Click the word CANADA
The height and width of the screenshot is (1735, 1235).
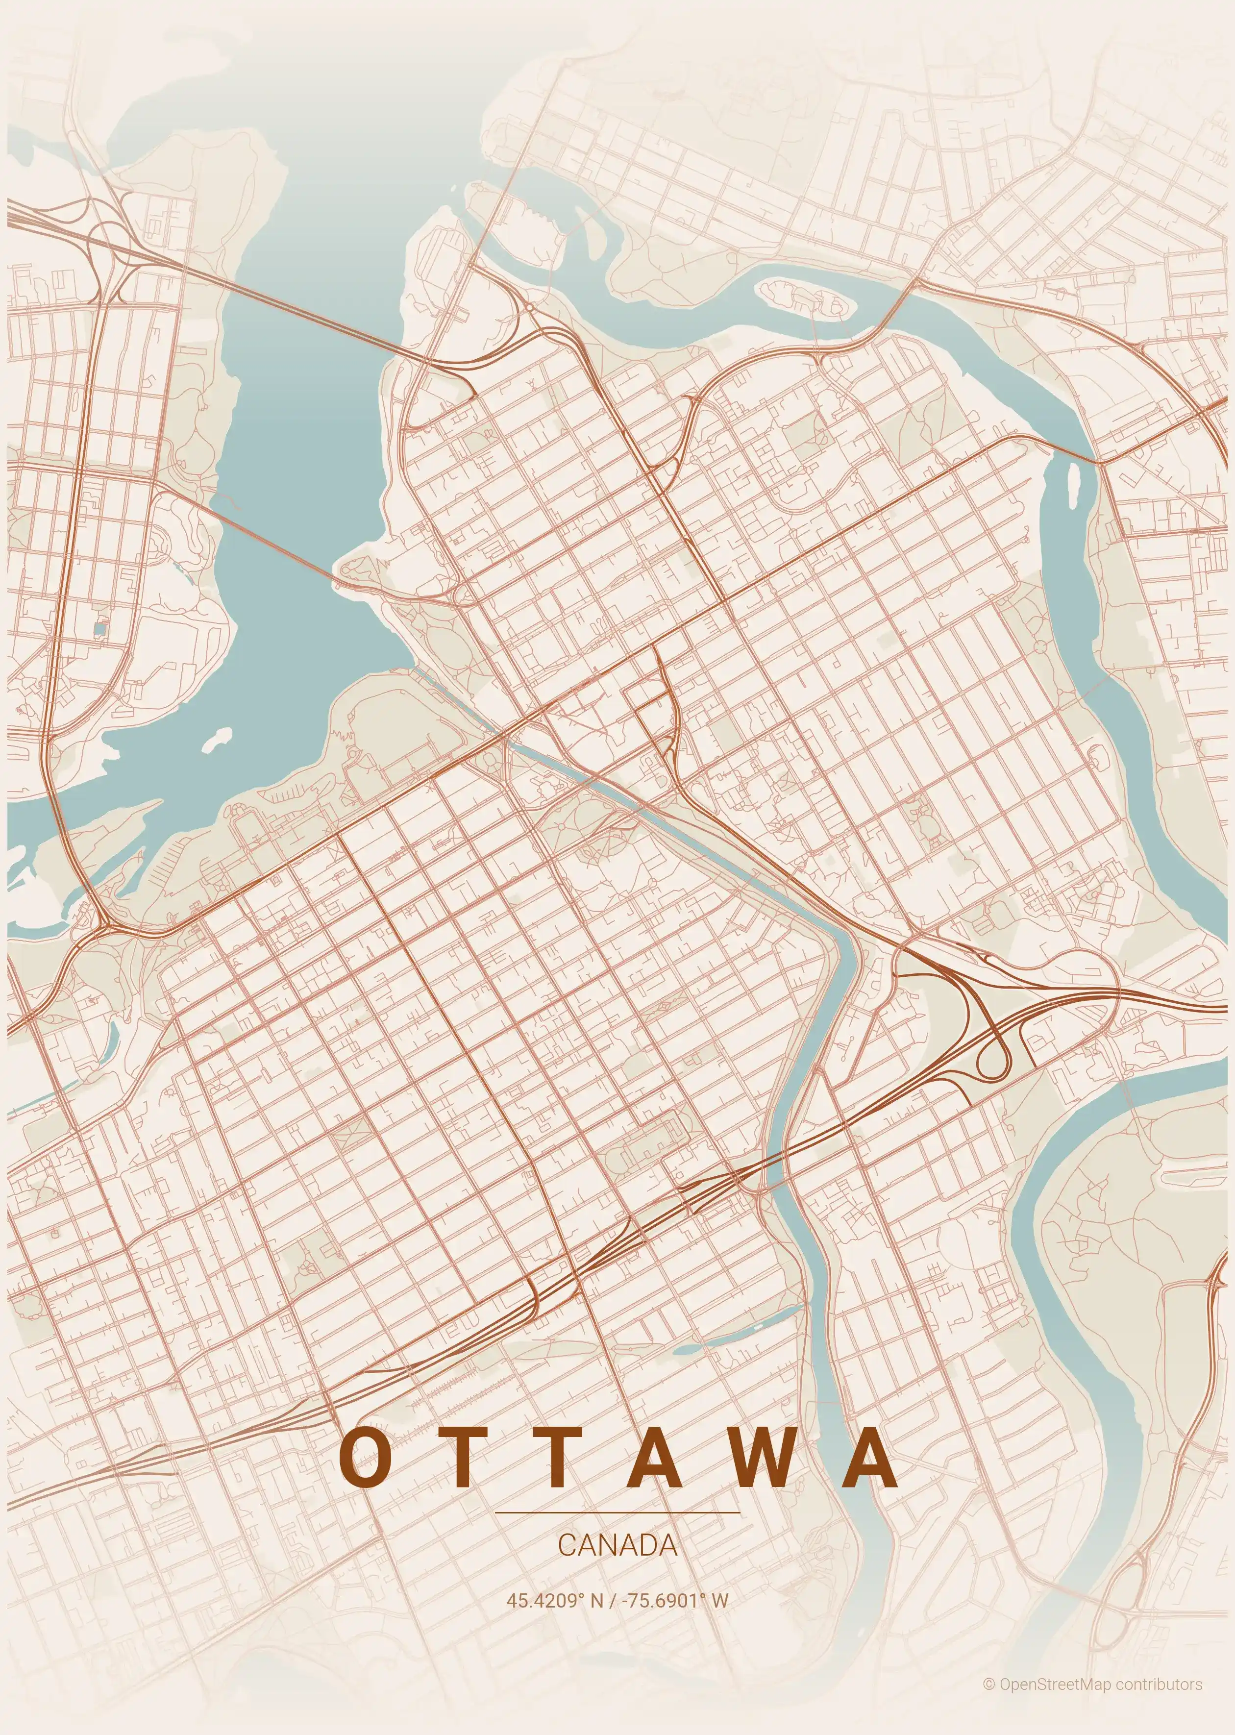617,1545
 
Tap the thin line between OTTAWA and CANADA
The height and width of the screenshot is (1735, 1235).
617,1513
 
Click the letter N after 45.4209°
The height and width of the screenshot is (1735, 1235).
595,1600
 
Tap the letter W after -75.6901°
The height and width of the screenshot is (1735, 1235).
719,1600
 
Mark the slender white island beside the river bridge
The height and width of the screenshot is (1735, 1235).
1075,484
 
